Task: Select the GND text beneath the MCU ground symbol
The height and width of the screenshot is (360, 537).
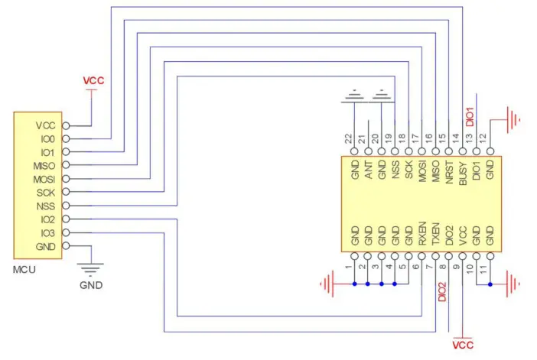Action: coord(91,285)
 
